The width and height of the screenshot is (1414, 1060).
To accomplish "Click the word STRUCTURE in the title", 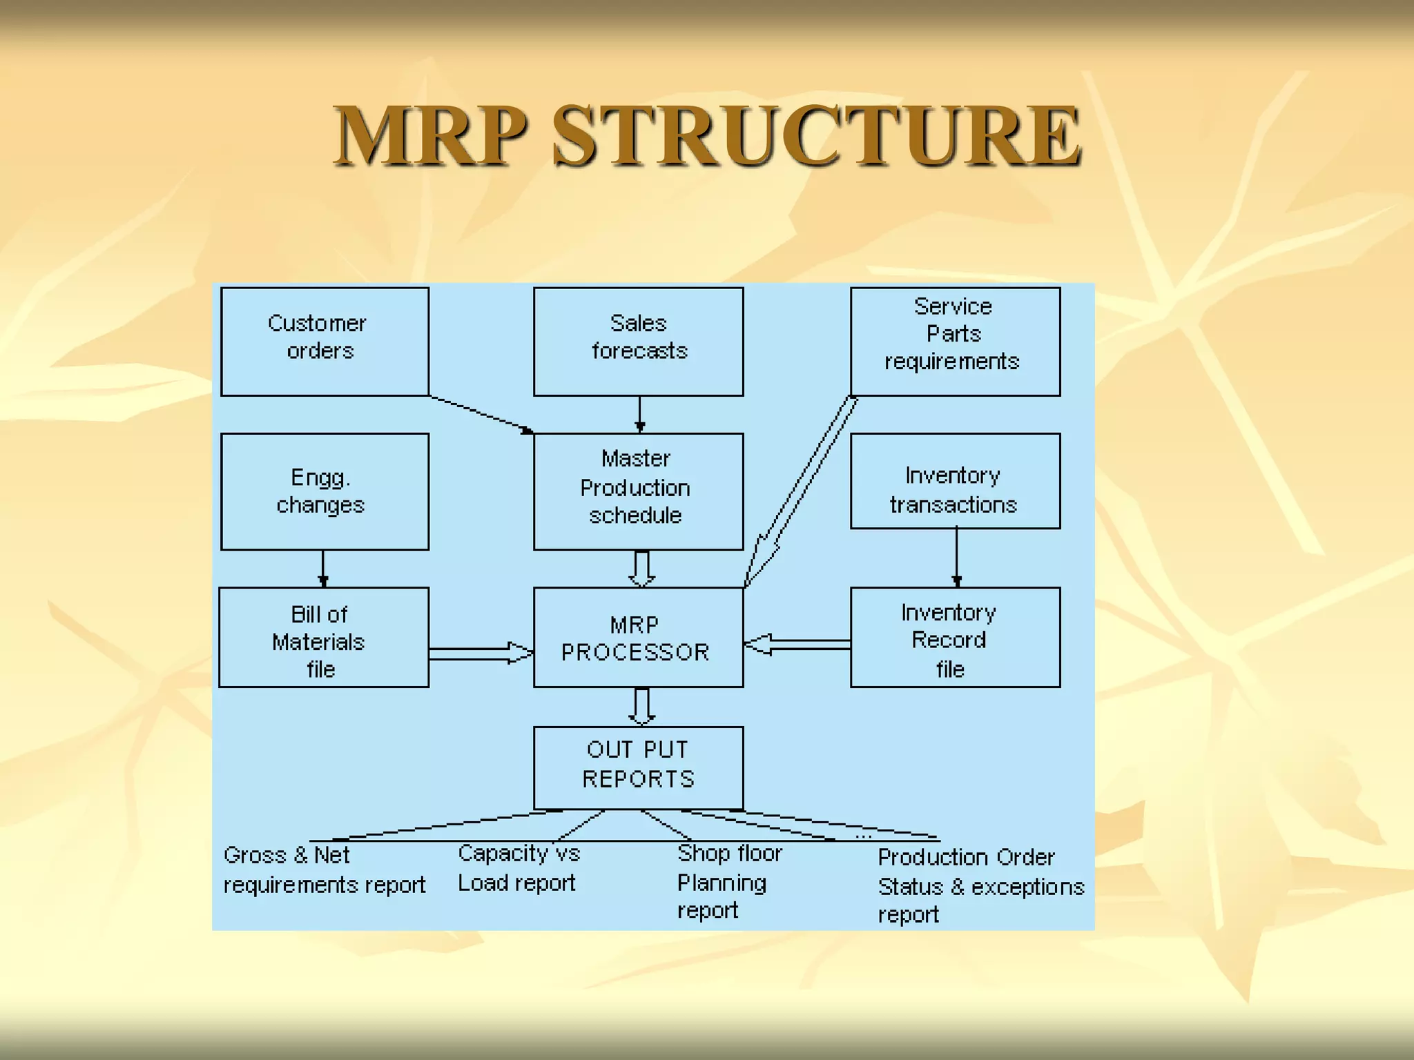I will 817,136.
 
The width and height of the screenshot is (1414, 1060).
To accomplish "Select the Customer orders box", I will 325,342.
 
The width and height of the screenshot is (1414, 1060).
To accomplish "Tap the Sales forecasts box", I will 638,342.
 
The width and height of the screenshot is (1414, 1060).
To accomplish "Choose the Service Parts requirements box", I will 955,342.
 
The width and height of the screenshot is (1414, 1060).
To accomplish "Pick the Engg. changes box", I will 325,491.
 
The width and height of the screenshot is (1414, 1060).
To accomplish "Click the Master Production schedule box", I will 638,491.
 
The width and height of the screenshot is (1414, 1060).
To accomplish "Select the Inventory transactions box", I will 955,481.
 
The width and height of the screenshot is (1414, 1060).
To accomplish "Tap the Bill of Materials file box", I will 324,637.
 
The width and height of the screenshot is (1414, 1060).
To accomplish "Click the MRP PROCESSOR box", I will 638,637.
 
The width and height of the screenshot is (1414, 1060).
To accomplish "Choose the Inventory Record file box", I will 955,637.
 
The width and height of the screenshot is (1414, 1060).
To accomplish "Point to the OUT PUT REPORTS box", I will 638,767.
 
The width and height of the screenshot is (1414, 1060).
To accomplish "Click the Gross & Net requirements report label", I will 324,870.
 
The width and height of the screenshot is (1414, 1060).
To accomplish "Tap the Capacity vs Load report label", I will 519,868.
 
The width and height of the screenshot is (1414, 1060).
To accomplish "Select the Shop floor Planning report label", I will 728,882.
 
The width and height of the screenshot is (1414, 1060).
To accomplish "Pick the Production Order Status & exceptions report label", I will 980,886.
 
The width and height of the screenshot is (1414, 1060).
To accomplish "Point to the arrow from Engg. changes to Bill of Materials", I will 323,568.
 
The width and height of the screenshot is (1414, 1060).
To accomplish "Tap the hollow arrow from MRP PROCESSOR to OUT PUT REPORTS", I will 641,706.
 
